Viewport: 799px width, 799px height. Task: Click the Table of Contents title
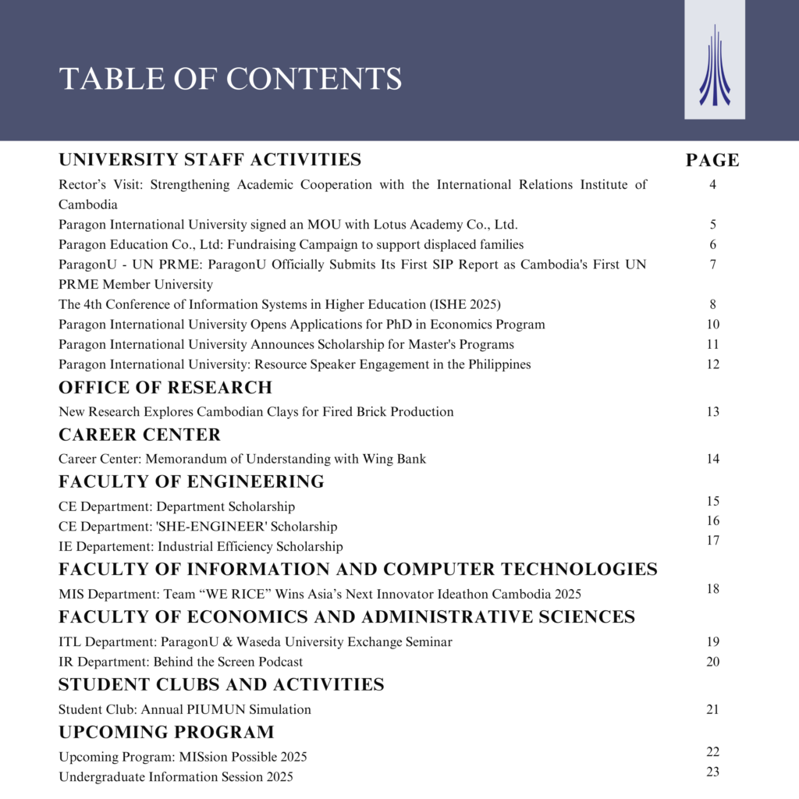click(x=230, y=79)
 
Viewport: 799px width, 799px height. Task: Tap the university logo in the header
click(x=714, y=66)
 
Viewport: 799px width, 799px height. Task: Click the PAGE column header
click(x=712, y=161)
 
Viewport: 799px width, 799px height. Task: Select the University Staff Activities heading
click(x=210, y=160)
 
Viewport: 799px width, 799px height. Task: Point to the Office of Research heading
click(x=165, y=388)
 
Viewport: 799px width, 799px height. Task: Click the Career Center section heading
click(x=140, y=435)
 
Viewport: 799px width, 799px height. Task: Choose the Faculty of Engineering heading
click(x=191, y=481)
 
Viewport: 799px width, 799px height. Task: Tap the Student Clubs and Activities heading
click(x=221, y=685)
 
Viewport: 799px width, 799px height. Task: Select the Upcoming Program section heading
click(x=166, y=733)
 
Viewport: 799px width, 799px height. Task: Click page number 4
click(x=712, y=185)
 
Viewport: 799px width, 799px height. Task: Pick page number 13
click(x=712, y=411)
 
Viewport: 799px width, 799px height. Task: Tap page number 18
click(x=712, y=588)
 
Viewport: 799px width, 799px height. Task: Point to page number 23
click(x=712, y=772)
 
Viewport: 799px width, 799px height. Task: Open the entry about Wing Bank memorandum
click(x=242, y=459)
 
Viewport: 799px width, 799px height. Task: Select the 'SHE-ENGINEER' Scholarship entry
click(x=197, y=527)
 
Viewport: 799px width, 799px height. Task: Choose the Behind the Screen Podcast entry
click(x=180, y=662)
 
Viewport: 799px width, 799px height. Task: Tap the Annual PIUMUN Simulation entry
click(x=184, y=710)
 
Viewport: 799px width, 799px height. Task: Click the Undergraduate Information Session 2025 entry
click(x=176, y=777)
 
